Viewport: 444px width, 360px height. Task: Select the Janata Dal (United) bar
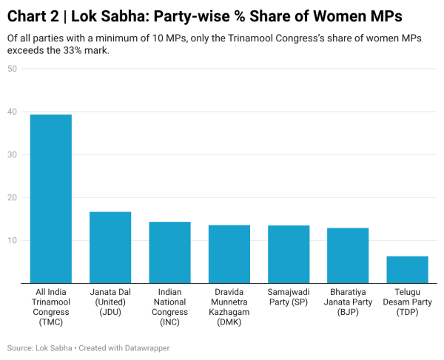(x=110, y=247)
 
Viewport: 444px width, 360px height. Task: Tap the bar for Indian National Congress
(x=169, y=252)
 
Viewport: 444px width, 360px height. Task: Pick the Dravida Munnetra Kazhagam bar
(x=229, y=254)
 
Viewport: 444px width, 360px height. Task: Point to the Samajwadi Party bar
(x=289, y=254)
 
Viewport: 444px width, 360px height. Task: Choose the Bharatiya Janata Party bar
(x=348, y=255)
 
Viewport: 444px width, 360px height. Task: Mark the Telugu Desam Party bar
(x=408, y=269)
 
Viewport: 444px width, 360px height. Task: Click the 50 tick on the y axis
(x=13, y=69)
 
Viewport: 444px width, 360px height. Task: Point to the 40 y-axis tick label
(x=13, y=112)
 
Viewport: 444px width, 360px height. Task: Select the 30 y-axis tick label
(x=13, y=154)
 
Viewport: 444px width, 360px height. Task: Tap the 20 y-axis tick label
(x=13, y=197)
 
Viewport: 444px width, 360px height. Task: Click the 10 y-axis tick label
(x=13, y=240)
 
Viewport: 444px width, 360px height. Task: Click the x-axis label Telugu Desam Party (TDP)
(x=408, y=302)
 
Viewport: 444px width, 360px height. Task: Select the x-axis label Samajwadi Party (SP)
(x=289, y=296)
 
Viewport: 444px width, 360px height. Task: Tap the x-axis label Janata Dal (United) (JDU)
(x=110, y=302)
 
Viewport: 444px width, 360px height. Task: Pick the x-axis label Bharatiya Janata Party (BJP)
(x=348, y=302)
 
